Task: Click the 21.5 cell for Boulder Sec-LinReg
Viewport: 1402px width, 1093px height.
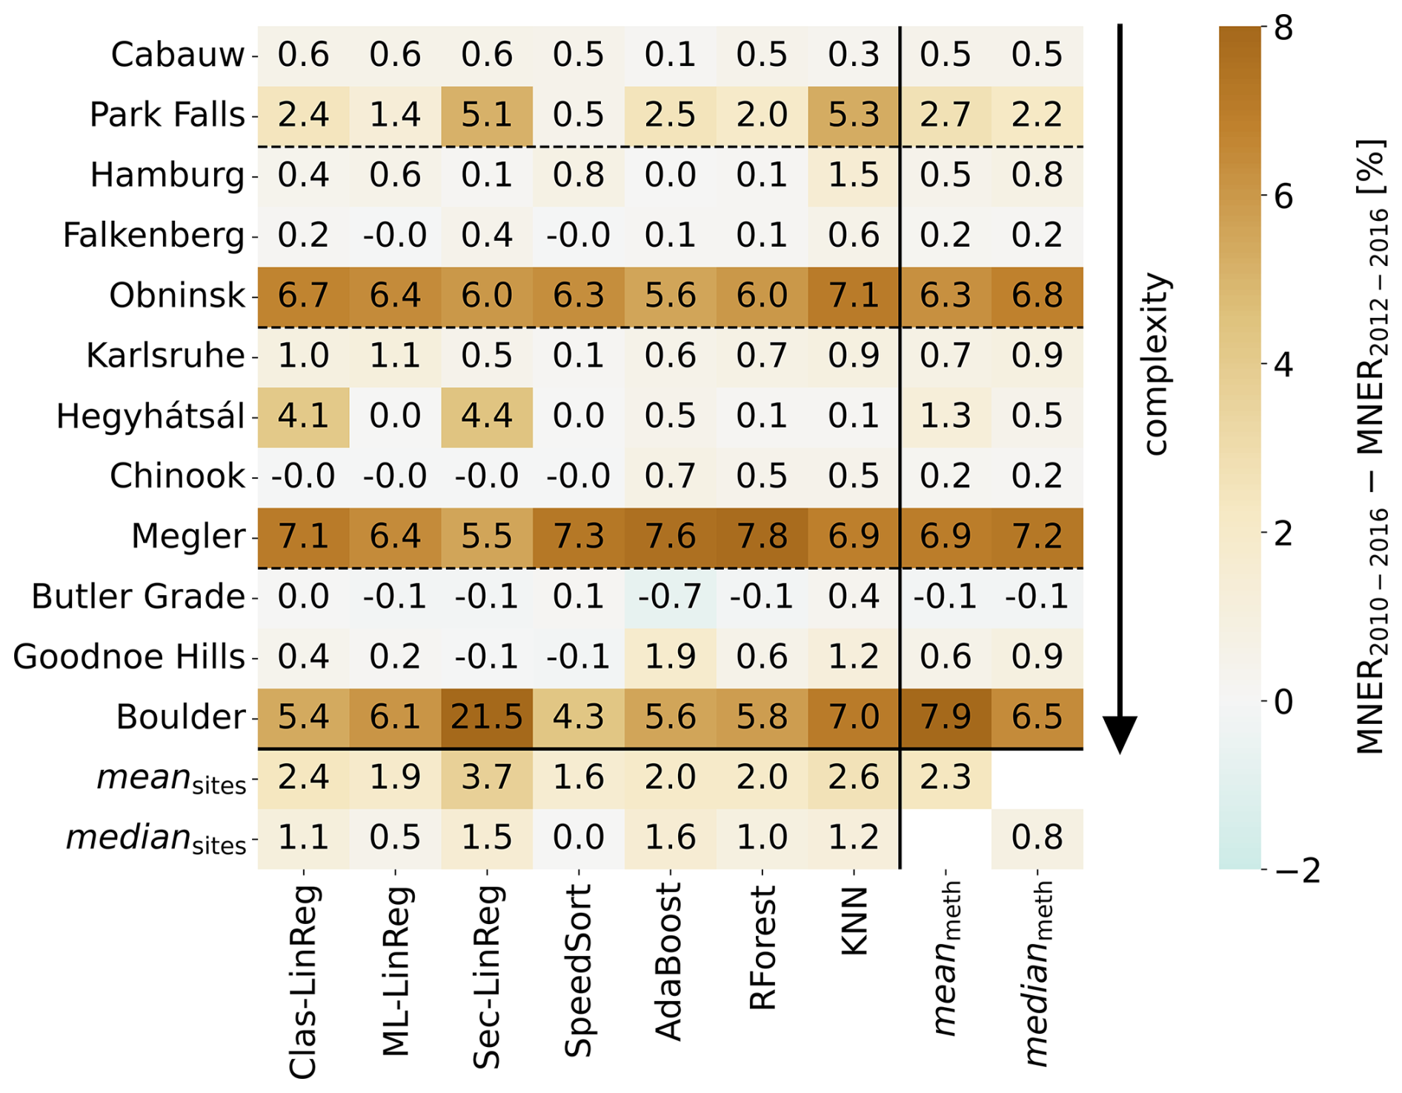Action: pyautogui.click(x=487, y=717)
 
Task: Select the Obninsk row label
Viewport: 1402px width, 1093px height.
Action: pyautogui.click(x=176, y=296)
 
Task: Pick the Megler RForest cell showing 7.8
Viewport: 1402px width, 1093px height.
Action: pyautogui.click(x=762, y=536)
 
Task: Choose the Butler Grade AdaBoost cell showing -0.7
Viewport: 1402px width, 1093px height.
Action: pyautogui.click(x=670, y=597)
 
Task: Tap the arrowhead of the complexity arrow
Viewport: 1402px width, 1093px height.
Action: pyautogui.click(x=1120, y=734)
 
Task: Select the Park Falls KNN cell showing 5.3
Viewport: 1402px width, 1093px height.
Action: pyautogui.click(x=854, y=116)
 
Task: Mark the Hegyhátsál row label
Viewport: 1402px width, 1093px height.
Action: pyautogui.click(x=150, y=416)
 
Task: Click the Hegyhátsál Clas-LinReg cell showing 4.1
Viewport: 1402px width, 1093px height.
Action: pyautogui.click(x=303, y=416)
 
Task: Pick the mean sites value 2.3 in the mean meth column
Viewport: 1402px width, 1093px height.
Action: pyautogui.click(x=946, y=778)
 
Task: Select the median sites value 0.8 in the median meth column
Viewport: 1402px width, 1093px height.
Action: pyautogui.click(x=1037, y=838)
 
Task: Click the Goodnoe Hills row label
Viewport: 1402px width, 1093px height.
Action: pyautogui.click(x=129, y=657)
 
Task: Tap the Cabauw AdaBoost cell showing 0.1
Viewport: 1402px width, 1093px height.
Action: pyautogui.click(x=670, y=56)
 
